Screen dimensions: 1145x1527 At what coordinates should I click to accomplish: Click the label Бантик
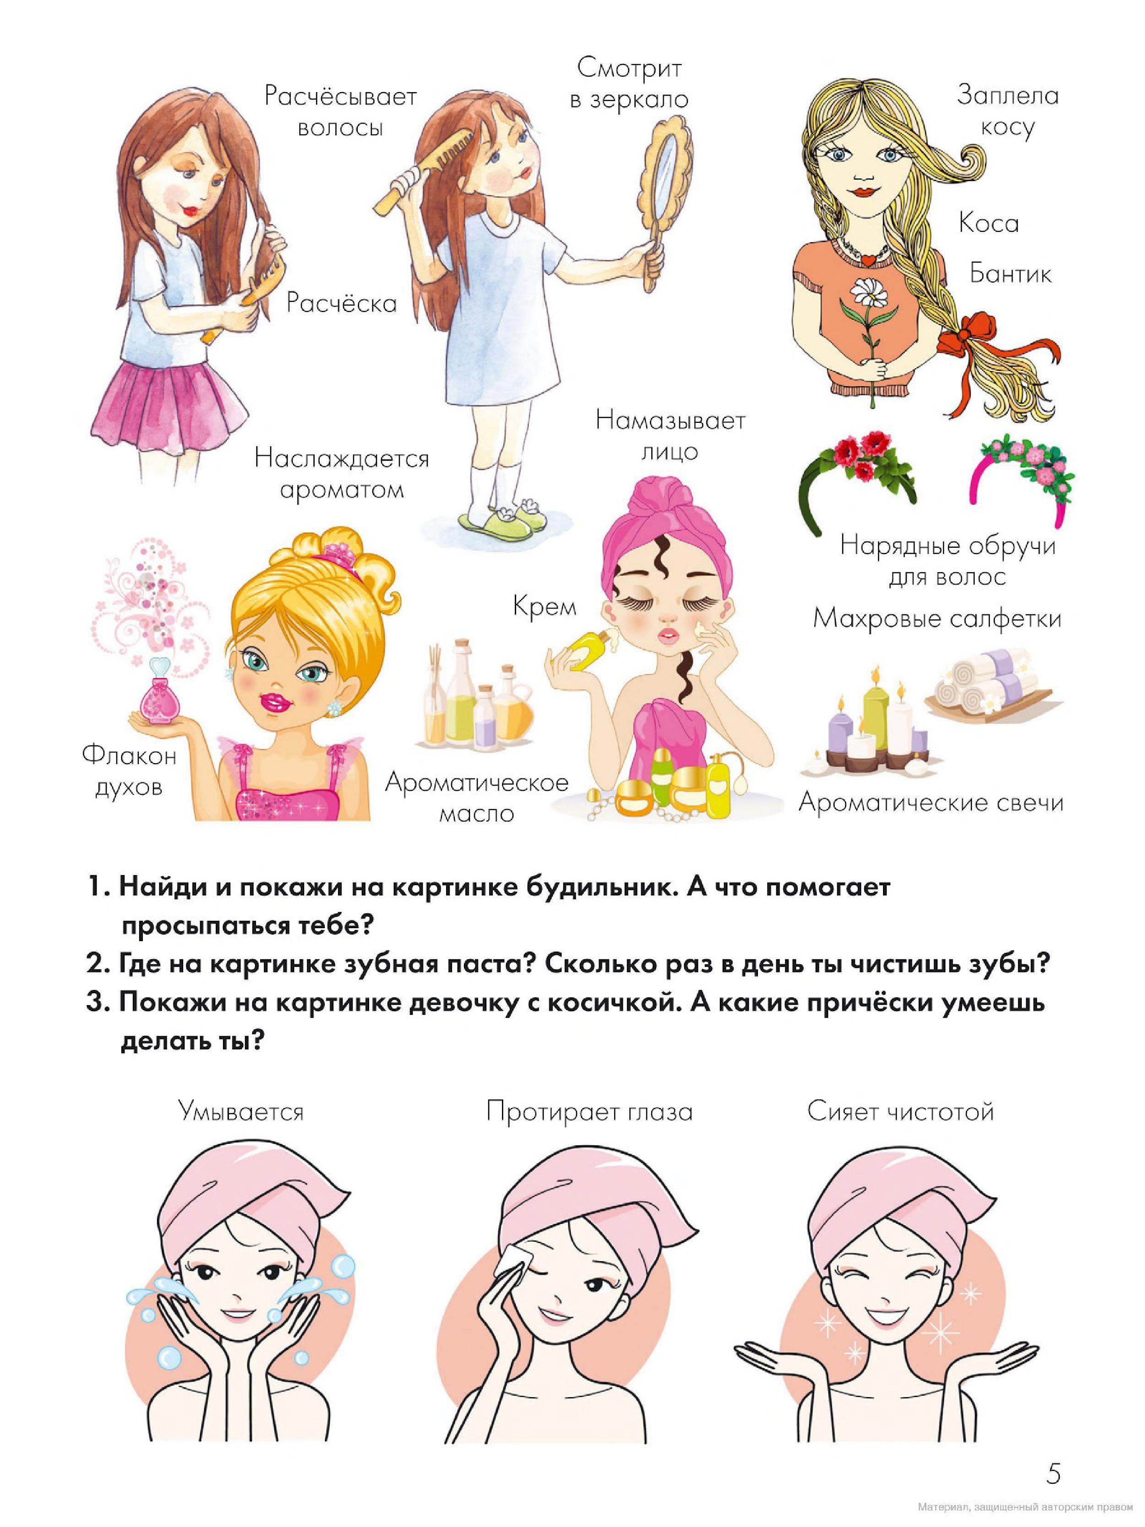tap(1010, 274)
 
